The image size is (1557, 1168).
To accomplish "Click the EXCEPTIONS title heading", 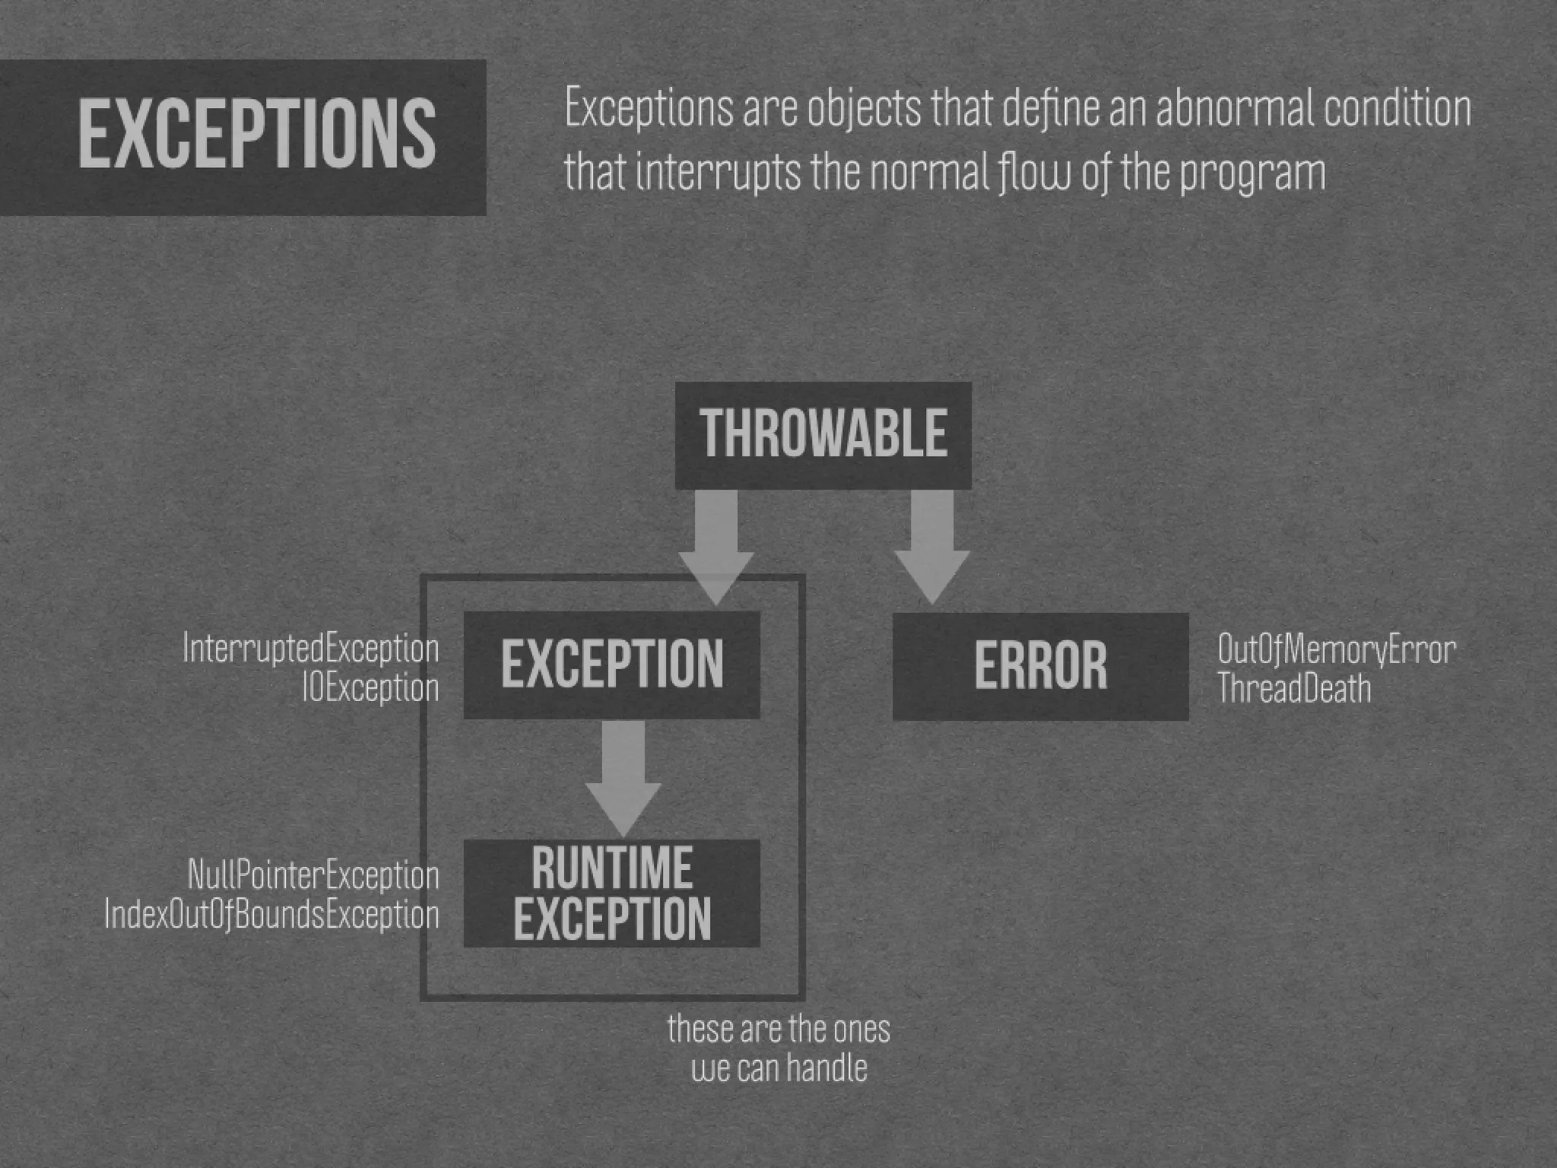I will (x=257, y=135).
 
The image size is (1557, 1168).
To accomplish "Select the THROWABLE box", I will (x=823, y=434).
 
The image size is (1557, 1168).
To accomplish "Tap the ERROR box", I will (x=1040, y=666).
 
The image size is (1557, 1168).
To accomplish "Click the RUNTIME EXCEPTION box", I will (x=612, y=893).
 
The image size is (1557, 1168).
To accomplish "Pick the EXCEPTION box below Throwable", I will (x=612, y=665).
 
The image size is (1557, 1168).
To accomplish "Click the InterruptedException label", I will (x=311, y=649).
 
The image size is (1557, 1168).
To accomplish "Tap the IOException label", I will (x=370, y=688).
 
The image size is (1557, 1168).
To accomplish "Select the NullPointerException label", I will (x=313, y=875).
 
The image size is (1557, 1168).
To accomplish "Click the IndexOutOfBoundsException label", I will (x=271, y=915).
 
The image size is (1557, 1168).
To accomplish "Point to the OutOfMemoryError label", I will (x=1337, y=649).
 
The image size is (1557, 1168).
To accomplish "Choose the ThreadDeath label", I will (x=1294, y=689).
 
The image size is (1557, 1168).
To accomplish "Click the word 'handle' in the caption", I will (x=826, y=1068).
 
